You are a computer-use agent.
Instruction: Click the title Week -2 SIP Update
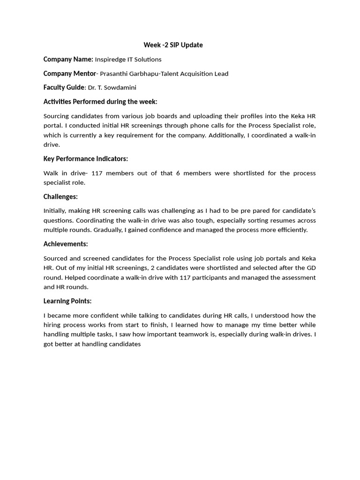point(173,45)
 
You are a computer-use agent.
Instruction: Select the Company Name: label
point(68,59)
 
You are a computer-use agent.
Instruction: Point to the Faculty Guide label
point(64,87)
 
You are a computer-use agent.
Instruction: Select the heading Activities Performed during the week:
point(100,102)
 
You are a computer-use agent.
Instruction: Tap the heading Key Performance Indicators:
point(86,159)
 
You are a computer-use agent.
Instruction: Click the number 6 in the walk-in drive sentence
point(178,173)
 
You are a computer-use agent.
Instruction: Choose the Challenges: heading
point(60,196)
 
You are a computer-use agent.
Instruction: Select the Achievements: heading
point(66,244)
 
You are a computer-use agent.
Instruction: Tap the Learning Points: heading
point(67,301)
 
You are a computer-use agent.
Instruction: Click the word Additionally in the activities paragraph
point(262,135)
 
